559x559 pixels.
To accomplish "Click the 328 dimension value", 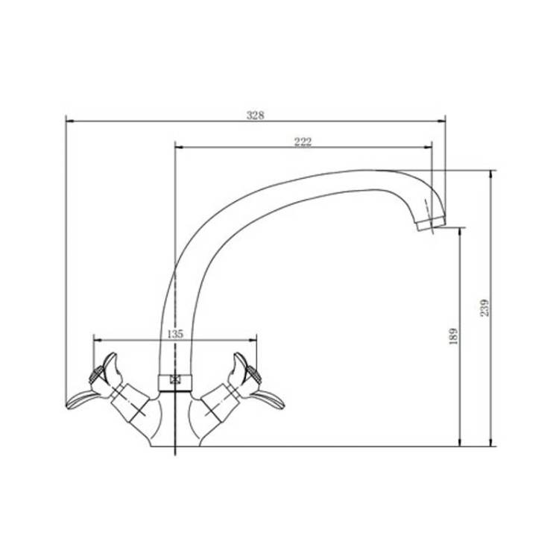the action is (256, 115).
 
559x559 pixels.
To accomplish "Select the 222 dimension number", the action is (303, 142).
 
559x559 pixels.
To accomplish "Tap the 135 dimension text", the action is (175, 334).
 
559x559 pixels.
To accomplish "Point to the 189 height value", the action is (453, 336).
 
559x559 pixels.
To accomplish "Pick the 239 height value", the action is (485, 307).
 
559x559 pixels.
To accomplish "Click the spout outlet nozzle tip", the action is (430, 224).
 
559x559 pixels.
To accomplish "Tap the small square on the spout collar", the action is (175, 379).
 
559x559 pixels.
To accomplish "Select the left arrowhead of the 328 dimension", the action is (70, 121).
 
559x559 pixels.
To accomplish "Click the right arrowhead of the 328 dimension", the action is (441, 121).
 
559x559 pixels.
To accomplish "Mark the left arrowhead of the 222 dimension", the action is (179, 147).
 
